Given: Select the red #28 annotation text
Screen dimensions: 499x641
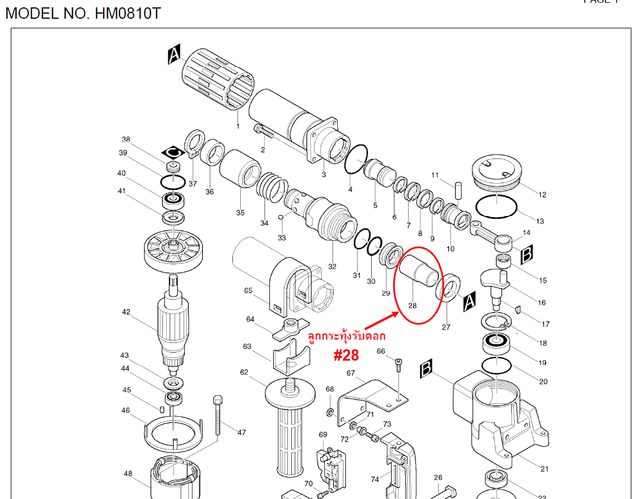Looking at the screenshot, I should tap(346, 355).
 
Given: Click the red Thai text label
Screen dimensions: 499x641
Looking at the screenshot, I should tap(346, 336).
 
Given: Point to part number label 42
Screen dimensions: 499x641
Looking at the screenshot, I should tap(126, 312).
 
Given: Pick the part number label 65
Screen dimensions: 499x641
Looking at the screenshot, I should tap(248, 291).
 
